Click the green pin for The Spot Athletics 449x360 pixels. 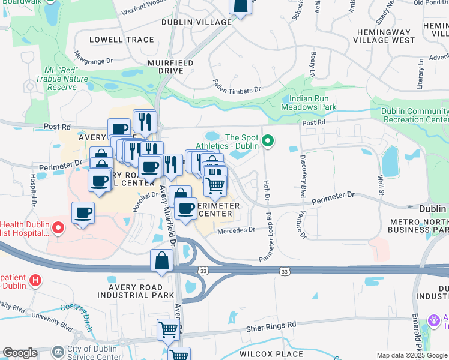coord(268,142)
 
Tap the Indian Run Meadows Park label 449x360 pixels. coord(313,103)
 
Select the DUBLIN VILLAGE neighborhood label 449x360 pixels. coord(196,22)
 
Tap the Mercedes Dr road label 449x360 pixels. coord(237,229)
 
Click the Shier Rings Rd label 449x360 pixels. coord(271,325)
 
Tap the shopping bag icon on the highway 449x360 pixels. coord(162,261)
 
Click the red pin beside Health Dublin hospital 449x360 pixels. coord(58,227)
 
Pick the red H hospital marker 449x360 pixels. coord(35,280)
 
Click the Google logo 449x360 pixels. coord(20,353)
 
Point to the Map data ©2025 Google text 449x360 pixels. coord(412,355)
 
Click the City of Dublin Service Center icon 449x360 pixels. coord(58,351)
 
